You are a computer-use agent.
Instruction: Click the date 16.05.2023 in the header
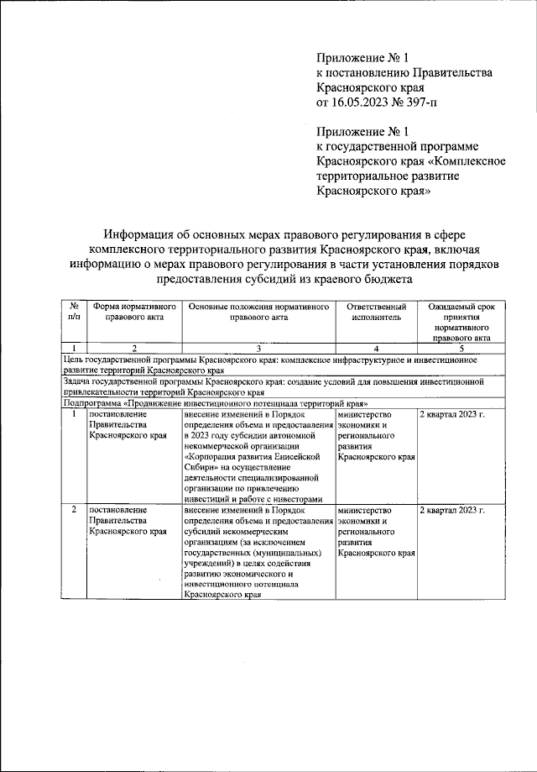pyautogui.click(x=360, y=102)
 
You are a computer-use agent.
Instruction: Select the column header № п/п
pyautogui.click(x=74, y=312)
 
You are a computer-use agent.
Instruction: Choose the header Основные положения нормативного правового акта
pyautogui.click(x=258, y=312)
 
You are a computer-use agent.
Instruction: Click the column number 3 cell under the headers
pyautogui.click(x=258, y=349)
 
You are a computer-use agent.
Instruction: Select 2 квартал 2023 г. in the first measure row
pyautogui.click(x=452, y=415)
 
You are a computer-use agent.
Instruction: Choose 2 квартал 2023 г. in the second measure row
pyautogui.click(x=452, y=511)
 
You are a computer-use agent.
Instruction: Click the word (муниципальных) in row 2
pyautogui.click(x=282, y=554)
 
